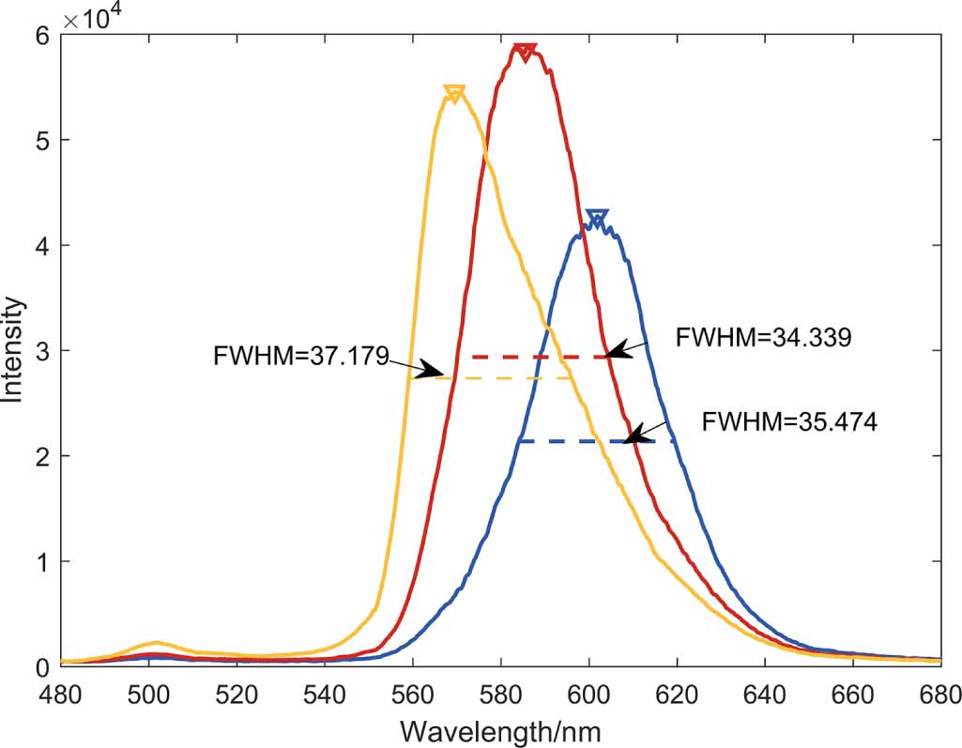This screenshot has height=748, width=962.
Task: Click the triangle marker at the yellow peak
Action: (454, 94)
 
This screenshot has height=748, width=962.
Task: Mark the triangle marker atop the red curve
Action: (526, 51)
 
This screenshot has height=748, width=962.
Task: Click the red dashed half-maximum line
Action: (540, 357)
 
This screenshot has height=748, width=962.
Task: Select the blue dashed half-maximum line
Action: (596, 441)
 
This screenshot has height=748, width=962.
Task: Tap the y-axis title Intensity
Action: (13, 350)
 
